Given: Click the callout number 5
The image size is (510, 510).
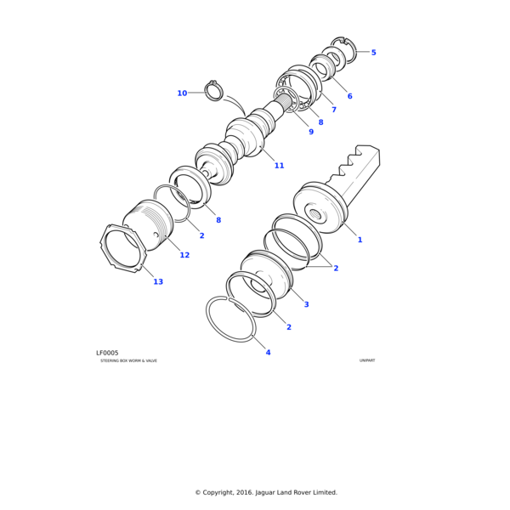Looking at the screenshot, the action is [373, 53].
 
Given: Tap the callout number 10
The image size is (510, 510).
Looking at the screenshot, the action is [182, 93].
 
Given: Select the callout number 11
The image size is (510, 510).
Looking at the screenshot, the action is [279, 166].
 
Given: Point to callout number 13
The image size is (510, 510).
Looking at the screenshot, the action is [158, 281].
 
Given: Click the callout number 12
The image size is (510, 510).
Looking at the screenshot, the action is [184, 255].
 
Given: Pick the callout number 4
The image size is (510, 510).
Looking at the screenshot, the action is [268, 352].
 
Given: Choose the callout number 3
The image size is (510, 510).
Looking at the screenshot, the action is [306, 304].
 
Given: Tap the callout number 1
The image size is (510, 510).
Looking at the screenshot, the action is [360, 240].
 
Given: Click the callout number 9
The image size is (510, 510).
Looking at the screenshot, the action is [311, 132].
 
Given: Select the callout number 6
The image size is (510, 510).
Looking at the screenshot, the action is [349, 96].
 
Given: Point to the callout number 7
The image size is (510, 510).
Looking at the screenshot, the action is [334, 110].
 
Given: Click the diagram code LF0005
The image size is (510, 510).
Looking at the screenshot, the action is [107, 353].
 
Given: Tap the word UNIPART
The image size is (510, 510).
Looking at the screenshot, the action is [367, 360].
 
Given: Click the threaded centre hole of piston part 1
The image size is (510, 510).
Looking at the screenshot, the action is [315, 214].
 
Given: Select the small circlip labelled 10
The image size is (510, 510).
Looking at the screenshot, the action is [213, 91].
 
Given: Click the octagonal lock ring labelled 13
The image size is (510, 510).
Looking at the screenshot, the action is [123, 248].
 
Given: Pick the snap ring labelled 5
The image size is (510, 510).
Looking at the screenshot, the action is [344, 50].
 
